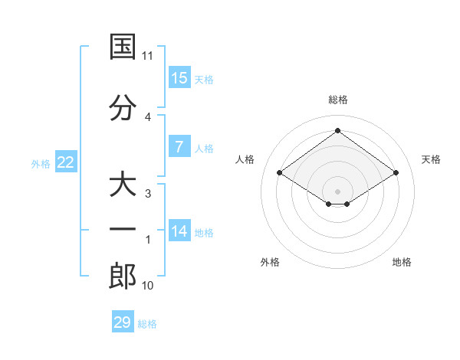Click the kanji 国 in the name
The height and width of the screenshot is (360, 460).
pos(123,47)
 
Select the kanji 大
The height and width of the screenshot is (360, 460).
pos(123,185)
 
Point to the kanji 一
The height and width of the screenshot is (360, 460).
pos(123,229)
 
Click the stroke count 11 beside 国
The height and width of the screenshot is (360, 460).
pos(148,56)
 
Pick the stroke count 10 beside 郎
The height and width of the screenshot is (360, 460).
pos(148,286)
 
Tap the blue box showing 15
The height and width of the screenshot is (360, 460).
pos(179,78)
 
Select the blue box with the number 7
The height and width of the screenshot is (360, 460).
pos(179,147)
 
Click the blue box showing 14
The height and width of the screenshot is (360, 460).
pos(179,231)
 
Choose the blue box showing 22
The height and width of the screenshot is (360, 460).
pos(66,162)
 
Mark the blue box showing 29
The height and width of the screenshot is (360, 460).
pos(123,322)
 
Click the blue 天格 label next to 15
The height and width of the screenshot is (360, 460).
pos(204,80)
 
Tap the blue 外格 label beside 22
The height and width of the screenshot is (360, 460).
pos(41,164)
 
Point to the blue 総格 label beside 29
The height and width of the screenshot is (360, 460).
pos(147,324)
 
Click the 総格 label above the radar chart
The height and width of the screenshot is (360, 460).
pos(337,100)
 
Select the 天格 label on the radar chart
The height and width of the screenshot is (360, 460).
pos(431,159)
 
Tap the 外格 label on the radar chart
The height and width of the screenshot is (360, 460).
pos(270,262)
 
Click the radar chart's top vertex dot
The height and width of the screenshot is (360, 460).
pos(337,130)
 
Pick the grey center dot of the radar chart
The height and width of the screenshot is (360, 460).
pos(337,190)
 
